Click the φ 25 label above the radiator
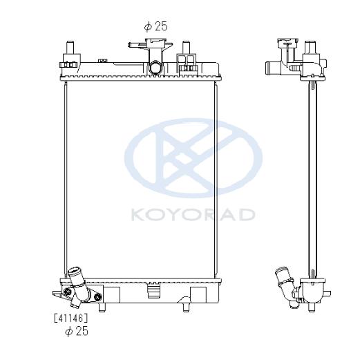click(x=155, y=26)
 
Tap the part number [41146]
click(x=70, y=319)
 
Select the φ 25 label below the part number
click(x=77, y=331)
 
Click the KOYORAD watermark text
click(x=193, y=215)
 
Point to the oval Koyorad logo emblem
click(x=193, y=158)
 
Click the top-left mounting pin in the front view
click(x=70, y=47)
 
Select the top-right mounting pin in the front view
click(x=186, y=47)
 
